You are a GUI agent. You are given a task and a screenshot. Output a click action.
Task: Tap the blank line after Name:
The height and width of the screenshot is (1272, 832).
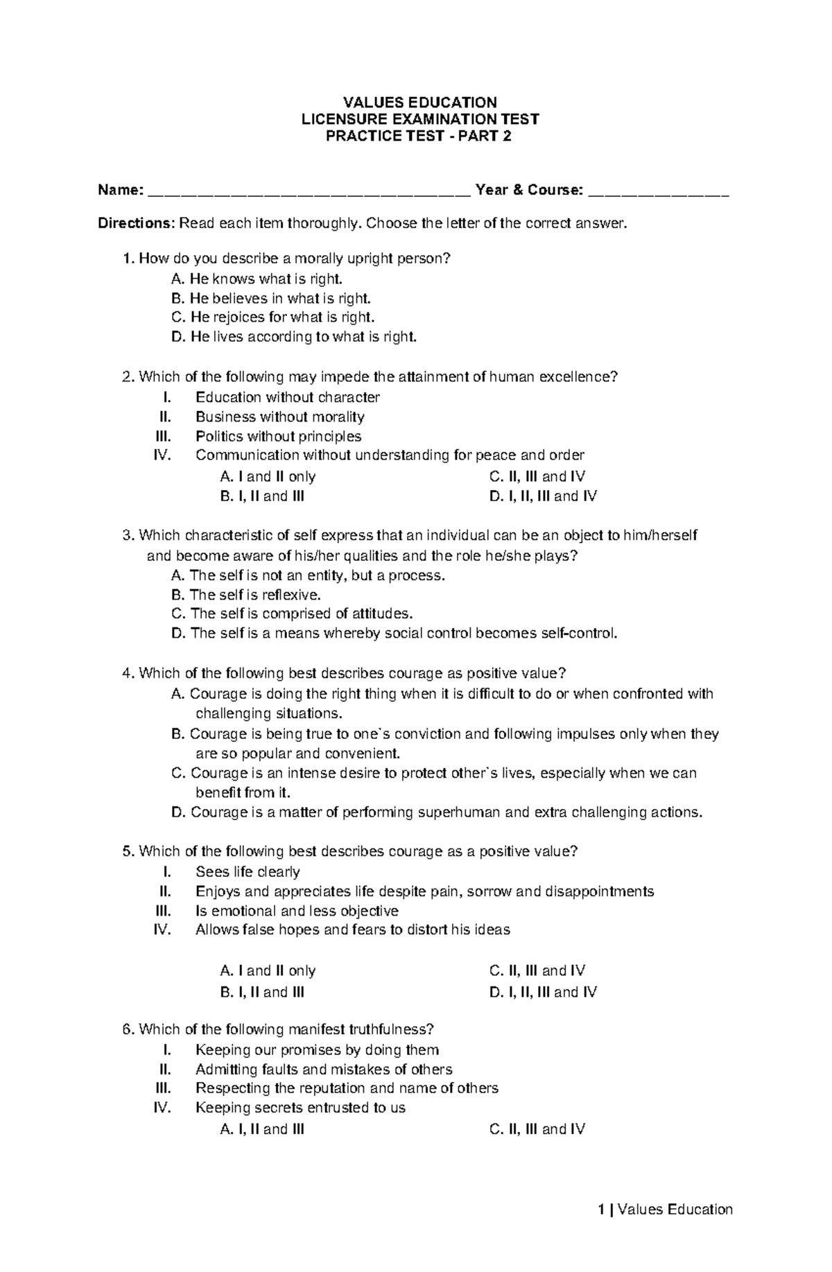[x=309, y=194]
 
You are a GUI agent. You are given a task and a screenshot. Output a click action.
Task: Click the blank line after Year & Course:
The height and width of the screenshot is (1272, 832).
[x=659, y=194]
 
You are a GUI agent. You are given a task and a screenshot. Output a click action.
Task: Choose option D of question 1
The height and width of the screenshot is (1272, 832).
[x=295, y=338]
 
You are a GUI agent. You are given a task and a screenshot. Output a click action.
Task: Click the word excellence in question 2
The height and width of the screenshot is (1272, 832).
[x=578, y=377]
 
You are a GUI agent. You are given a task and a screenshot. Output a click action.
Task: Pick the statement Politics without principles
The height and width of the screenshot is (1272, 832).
[x=278, y=436]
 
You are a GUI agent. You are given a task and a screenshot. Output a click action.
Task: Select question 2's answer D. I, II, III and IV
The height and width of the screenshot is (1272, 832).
[x=543, y=496]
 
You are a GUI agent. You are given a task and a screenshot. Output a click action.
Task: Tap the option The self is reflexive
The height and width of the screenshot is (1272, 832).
[x=247, y=595]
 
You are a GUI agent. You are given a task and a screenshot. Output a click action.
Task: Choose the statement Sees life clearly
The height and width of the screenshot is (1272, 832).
[x=248, y=872]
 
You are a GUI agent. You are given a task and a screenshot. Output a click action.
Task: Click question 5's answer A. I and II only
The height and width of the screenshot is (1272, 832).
[x=268, y=971]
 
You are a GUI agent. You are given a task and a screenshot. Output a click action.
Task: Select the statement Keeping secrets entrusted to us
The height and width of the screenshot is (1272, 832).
[x=300, y=1108]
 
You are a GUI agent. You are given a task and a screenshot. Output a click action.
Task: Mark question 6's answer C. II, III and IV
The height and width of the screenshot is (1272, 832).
[x=537, y=1129]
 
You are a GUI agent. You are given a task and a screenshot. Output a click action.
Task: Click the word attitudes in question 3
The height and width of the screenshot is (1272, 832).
[x=380, y=614]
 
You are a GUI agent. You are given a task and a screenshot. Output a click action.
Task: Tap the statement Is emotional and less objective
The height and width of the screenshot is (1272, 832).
[x=297, y=911]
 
